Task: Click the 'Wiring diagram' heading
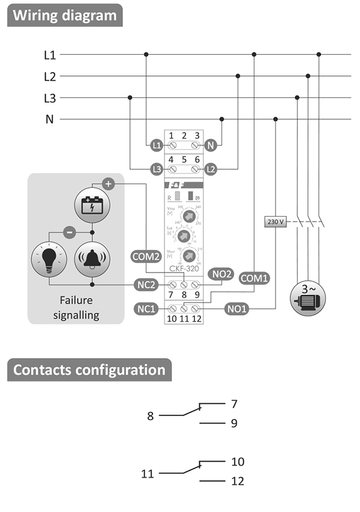tap(65, 15)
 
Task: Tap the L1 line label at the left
tap(50, 55)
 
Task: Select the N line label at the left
tap(50, 119)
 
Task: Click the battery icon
tap(92, 205)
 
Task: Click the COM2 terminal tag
tap(146, 256)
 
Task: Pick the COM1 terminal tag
tap(254, 278)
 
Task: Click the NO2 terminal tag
tap(221, 274)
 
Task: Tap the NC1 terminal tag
tap(146, 309)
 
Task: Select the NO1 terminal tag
tap(238, 309)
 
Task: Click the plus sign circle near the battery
tap(108, 184)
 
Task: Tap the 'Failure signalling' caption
tap(76, 307)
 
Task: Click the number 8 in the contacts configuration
tap(151, 415)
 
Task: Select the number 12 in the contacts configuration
tap(236, 481)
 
